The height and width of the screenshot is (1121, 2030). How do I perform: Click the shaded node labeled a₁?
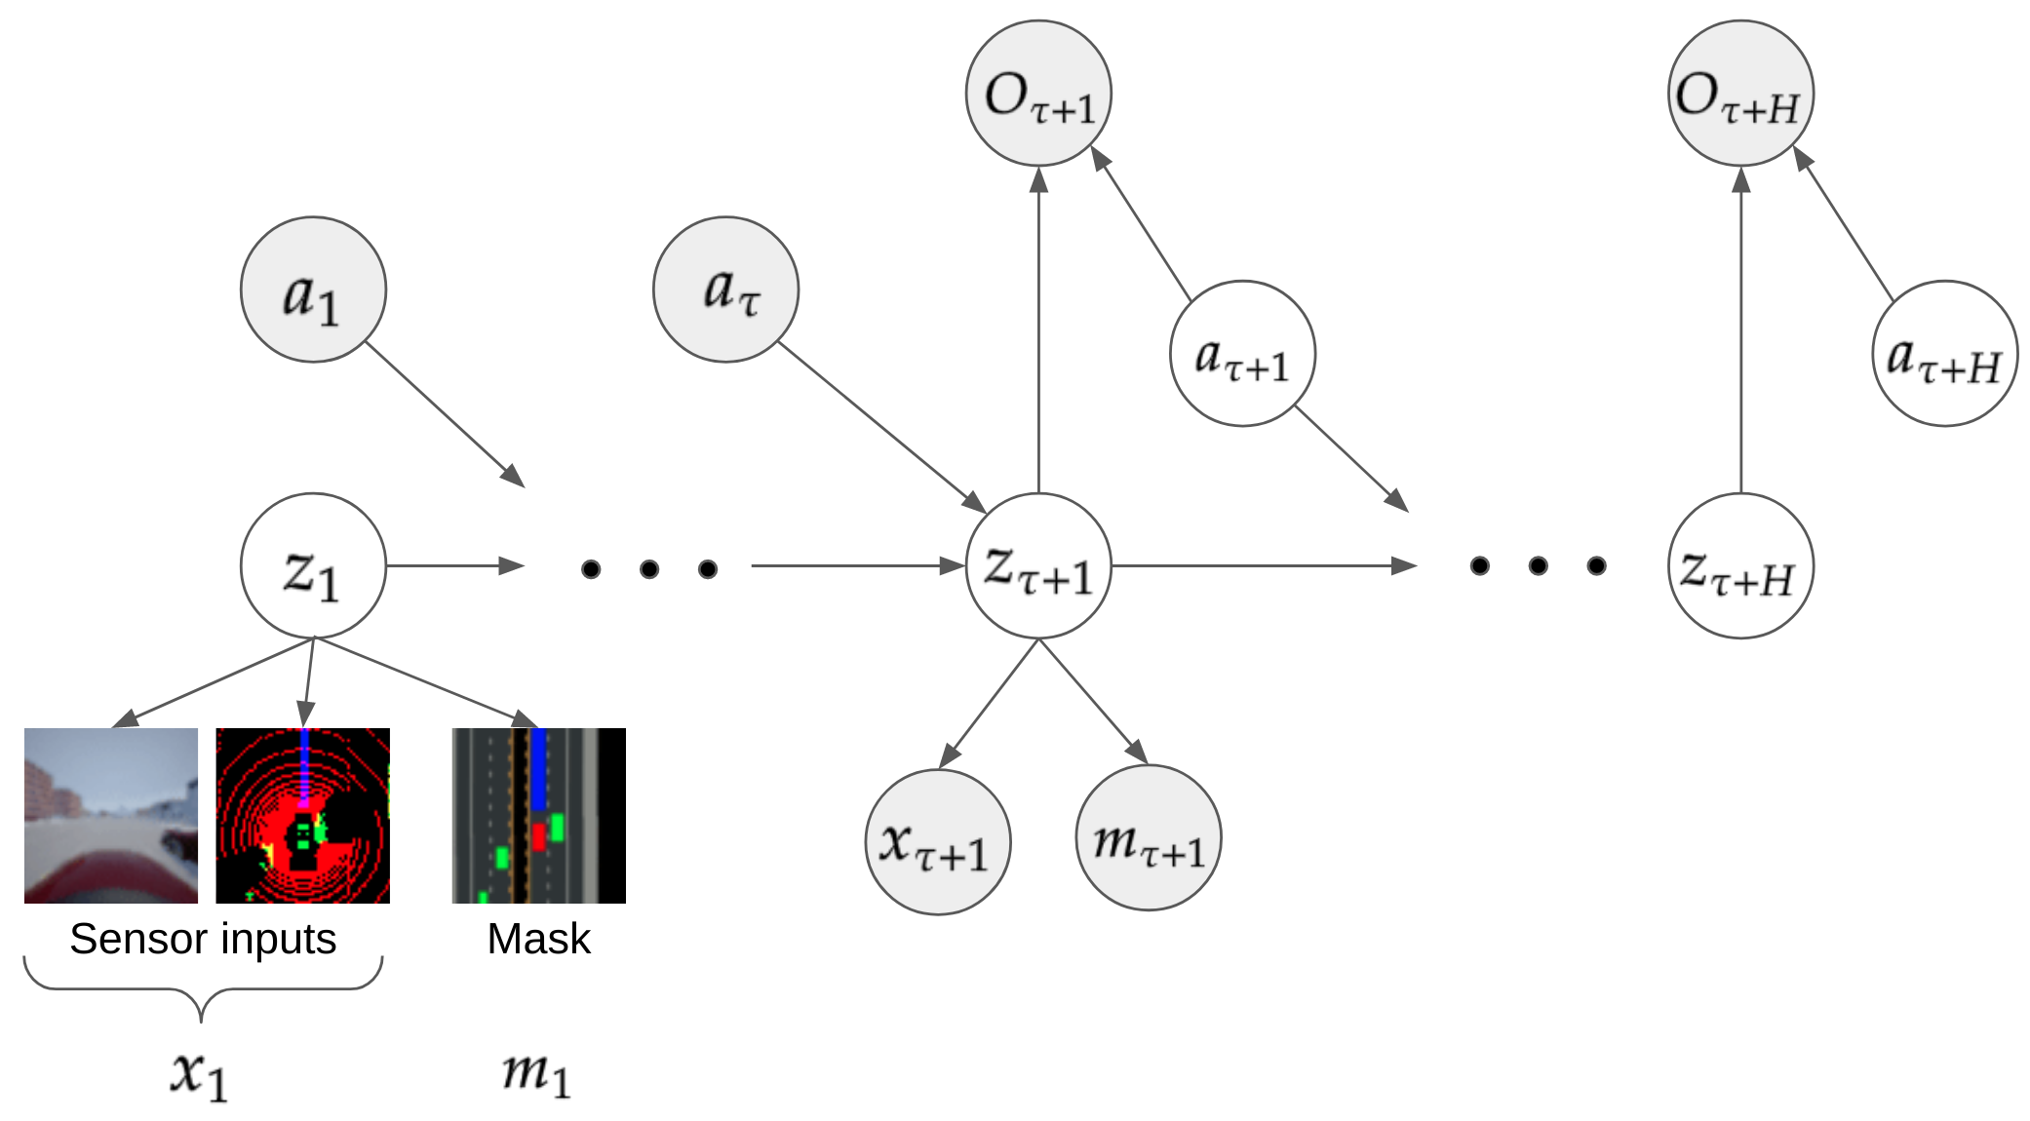313,290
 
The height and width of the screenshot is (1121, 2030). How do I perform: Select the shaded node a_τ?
725,290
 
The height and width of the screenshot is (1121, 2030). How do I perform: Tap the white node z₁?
313,566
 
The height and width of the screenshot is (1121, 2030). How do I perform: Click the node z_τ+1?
1038,566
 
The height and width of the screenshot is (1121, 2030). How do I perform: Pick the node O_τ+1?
1038,94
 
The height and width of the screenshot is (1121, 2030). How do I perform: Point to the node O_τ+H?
1740,94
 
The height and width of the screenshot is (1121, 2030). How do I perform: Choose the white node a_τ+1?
1242,354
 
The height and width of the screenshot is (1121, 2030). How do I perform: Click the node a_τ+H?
1944,354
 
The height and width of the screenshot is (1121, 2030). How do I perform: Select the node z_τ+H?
1740,566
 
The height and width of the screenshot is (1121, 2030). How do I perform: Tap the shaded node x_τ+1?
937,842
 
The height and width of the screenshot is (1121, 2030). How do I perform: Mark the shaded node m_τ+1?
1149,838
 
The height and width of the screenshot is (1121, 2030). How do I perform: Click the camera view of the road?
111,815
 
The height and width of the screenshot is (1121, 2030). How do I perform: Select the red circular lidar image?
302,815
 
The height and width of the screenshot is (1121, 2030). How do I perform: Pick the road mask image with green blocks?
538,815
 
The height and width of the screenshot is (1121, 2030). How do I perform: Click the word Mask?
538,939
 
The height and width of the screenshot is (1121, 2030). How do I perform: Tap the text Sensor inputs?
203,939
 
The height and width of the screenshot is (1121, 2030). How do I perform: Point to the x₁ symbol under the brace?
200,1075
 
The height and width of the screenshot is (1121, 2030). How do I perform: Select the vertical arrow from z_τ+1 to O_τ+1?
1038,331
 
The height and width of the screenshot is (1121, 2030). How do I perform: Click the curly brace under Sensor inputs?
202,988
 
